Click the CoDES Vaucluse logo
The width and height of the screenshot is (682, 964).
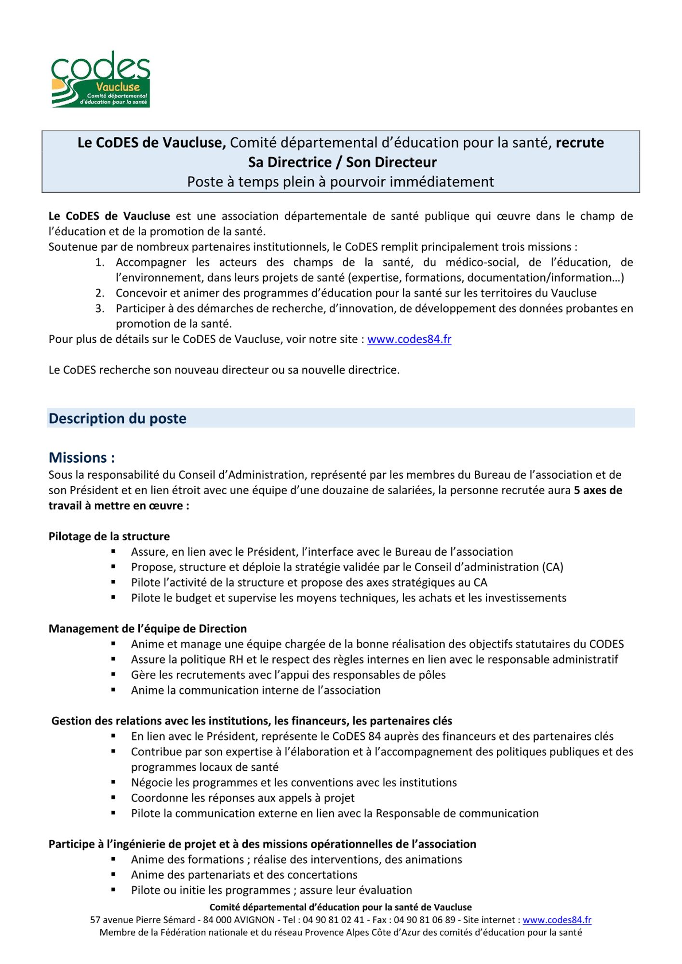pos(101,80)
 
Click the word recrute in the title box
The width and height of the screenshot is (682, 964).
pos(579,143)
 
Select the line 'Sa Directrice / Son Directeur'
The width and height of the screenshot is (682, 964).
pos(342,162)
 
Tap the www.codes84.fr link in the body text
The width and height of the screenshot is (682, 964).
pos(409,339)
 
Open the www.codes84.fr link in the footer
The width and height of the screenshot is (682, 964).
pos(557,920)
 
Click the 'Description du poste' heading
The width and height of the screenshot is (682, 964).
pos(118,418)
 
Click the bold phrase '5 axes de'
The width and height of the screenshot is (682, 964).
pos(598,490)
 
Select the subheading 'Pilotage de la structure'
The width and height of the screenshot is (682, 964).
pos(109,536)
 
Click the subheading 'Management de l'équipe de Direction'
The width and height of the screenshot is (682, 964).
pos(147,629)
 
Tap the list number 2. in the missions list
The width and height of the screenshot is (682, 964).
pos(100,293)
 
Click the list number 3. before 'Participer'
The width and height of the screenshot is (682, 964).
pos(100,308)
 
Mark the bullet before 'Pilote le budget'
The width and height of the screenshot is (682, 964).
pos(114,598)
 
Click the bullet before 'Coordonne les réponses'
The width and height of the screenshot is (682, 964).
pos(114,798)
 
